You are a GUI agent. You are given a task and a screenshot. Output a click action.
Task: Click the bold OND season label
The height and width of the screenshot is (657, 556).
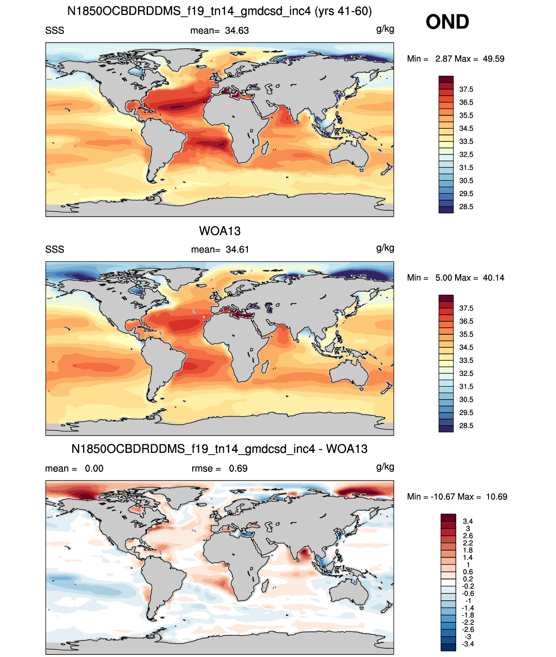[x=447, y=22]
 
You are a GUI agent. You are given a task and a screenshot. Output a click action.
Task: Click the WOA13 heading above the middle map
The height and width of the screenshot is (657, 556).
[x=220, y=231]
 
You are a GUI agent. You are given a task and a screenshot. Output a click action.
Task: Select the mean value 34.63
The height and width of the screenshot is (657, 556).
[x=237, y=31]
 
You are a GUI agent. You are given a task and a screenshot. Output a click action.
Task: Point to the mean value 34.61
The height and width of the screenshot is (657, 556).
[x=237, y=250]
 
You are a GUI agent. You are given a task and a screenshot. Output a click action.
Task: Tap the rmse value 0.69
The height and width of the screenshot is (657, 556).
[x=238, y=468]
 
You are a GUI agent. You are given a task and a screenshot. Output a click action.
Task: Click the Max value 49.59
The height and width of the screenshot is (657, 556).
[x=493, y=59]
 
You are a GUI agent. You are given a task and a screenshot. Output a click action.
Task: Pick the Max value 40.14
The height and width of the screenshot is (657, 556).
[x=493, y=278]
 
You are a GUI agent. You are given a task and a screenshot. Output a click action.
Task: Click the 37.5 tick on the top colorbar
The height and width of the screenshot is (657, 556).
[x=466, y=90]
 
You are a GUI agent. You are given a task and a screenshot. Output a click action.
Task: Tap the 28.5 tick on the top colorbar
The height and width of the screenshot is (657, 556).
[x=466, y=207]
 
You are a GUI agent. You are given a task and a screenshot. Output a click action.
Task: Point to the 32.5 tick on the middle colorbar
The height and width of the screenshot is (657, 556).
[x=466, y=373]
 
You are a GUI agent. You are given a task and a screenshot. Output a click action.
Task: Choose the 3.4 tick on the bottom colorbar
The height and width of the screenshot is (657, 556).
[x=468, y=521]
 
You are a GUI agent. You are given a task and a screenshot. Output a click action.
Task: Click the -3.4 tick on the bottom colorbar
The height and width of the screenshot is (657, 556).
[x=468, y=644]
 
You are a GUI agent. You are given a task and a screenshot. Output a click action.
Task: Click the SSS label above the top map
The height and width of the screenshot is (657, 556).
[x=55, y=31]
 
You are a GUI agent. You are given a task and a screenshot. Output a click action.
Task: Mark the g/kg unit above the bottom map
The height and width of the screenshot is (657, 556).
[x=385, y=467]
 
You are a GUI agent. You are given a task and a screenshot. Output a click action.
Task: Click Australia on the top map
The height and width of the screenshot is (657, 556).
[x=349, y=154]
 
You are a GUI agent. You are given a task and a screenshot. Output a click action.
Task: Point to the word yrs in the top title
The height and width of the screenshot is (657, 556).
[x=325, y=12]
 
